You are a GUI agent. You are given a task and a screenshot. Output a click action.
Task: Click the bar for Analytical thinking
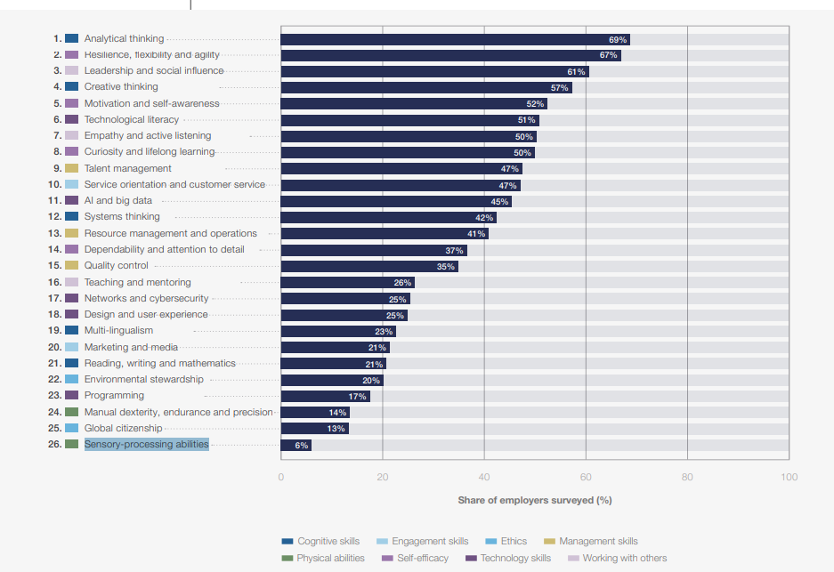pos(454,39)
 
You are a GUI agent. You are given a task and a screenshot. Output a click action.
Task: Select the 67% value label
pos(608,55)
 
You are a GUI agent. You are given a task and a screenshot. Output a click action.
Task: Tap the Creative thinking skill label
pos(121,87)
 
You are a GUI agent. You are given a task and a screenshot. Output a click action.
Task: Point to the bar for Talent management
pos(401,169)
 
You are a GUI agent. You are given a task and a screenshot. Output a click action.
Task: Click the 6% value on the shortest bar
pos(302,445)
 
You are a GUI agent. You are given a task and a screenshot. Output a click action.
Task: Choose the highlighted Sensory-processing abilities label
pos(146,444)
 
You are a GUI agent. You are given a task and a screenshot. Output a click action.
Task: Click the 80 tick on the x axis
pos(687,478)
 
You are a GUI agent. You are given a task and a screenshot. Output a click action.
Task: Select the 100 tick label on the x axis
pos(789,478)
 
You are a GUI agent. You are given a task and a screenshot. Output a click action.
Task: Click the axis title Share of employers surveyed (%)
pos(535,500)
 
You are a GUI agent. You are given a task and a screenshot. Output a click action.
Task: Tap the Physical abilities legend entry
pos(330,559)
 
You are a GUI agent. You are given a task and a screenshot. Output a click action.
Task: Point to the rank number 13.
pos(55,233)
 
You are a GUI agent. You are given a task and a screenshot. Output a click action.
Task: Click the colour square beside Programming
pos(72,396)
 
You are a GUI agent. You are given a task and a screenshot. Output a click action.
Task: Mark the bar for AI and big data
pos(395,201)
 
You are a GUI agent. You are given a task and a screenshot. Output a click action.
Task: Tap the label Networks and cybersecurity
pos(146,299)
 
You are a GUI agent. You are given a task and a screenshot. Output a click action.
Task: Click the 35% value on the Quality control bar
pos(445,266)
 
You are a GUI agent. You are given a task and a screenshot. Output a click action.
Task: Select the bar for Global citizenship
pos(314,429)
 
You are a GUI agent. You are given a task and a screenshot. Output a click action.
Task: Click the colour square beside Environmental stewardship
pos(72,380)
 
